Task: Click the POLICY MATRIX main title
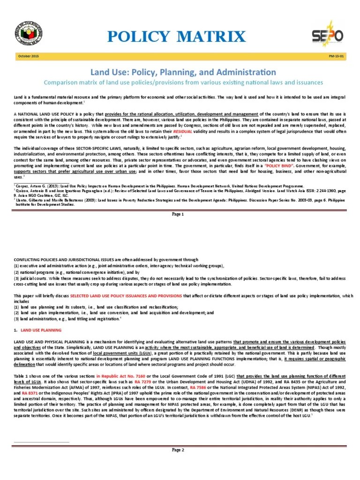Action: [x=182, y=36]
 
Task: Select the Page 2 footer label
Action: [x=178, y=450]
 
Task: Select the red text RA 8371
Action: [x=32, y=393]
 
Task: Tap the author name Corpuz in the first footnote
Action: [x=22, y=186]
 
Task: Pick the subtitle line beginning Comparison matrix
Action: [x=181, y=82]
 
